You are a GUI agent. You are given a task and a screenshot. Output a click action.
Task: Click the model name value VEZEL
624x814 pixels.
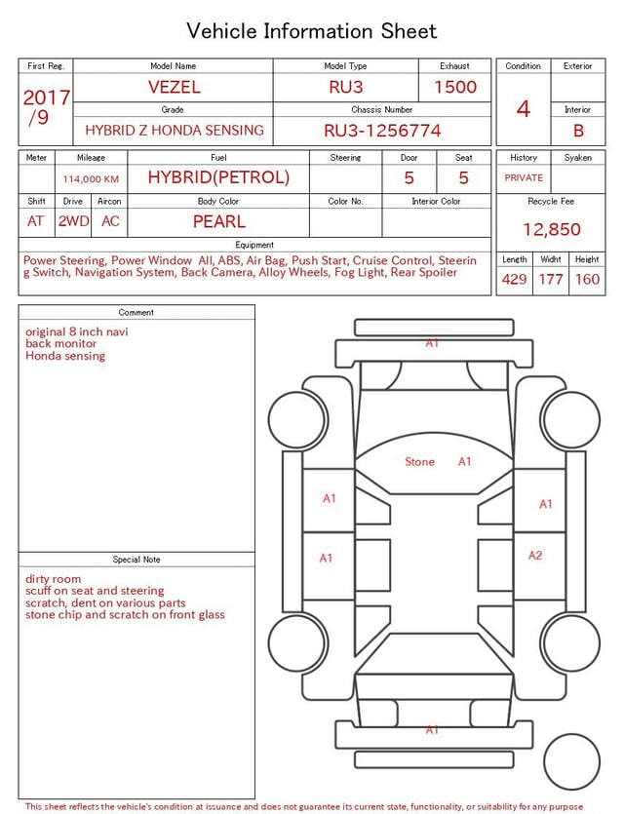point(174,87)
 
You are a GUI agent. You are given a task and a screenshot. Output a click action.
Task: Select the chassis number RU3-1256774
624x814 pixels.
point(382,131)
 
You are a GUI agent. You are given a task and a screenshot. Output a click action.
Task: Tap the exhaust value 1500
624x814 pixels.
point(455,87)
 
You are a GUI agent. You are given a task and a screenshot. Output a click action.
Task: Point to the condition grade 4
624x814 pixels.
point(524,108)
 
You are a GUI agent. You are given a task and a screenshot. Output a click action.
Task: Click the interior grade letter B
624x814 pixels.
point(578,131)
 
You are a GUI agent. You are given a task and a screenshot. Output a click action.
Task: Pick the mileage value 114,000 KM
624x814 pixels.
point(91,179)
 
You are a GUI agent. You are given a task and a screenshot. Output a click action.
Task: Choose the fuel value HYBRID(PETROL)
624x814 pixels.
point(218,177)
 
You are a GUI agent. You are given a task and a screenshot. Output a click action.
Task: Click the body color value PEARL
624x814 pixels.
point(218,221)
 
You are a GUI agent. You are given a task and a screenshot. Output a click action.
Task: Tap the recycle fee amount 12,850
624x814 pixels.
point(551,230)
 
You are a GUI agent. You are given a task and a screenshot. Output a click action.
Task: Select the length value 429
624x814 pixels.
point(514,280)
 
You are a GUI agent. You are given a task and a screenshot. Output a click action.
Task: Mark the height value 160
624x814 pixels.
point(587,280)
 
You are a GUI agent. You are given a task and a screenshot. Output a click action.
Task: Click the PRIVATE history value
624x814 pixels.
point(524,178)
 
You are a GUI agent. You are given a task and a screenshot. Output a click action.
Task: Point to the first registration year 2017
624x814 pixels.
point(46,98)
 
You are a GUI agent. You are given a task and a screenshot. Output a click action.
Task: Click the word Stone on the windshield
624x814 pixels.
point(419,462)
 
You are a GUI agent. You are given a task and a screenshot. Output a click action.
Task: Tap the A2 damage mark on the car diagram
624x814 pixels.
point(535,556)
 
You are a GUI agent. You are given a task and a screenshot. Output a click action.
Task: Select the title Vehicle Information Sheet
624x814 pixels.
point(312,31)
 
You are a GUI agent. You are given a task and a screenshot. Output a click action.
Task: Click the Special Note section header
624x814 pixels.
point(136,560)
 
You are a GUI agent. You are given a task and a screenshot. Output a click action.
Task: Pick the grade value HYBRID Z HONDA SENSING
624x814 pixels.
point(174,131)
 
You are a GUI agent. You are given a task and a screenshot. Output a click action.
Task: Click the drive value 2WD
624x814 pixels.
point(73,221)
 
